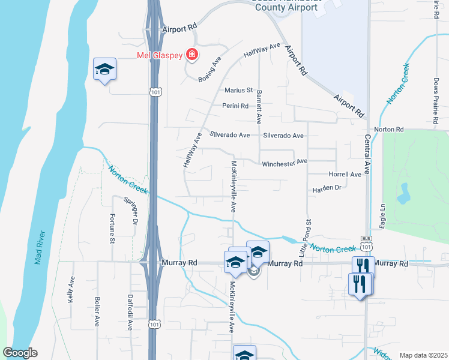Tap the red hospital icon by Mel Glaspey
point(191,55)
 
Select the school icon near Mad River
point(104,70)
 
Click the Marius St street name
point(238,91)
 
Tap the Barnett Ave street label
point(259,108)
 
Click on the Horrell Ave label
point(345,174)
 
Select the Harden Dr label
point(326,188)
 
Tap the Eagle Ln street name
point(381,213)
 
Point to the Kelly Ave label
point(71,289)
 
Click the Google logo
point(20,353)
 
